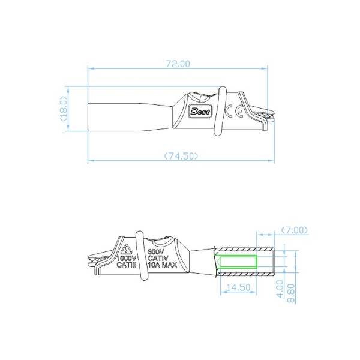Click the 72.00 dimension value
[x=178, y=63]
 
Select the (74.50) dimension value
[x=181, y=155]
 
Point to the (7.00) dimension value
[x=294, y=230]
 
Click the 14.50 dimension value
[x=238, y=287]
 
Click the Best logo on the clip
[x=199, y=110]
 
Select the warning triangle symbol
[x=127, y=249]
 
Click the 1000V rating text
[x=127, y=258]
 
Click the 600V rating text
[x=156, y=251]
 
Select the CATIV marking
[x=157, y=258]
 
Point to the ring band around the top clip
[x=218, y=112]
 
